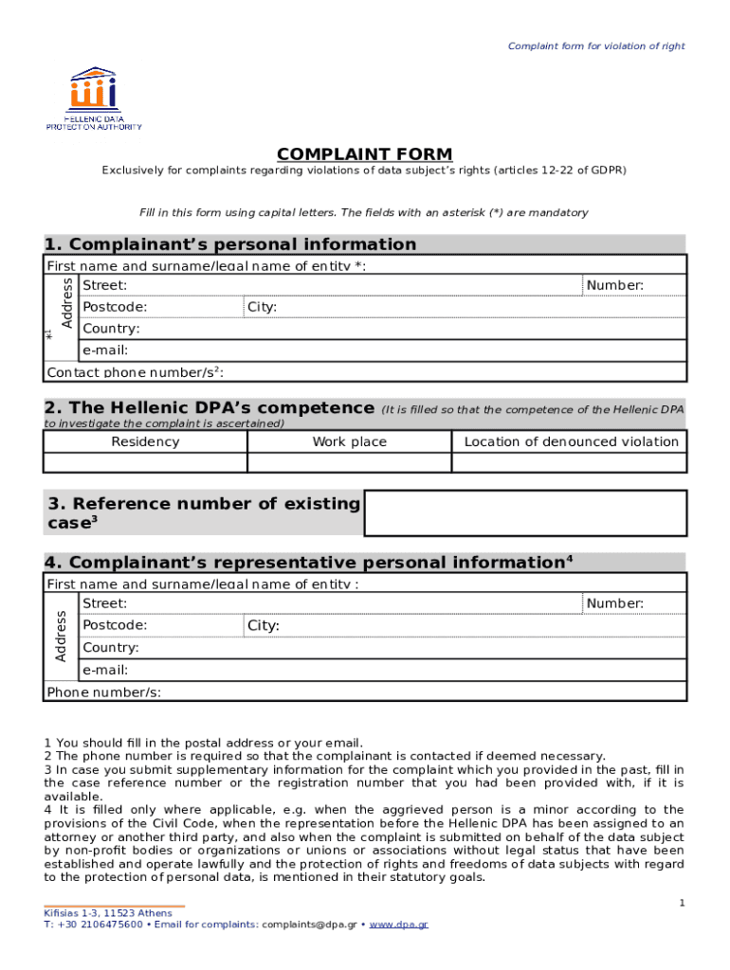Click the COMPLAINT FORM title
364,154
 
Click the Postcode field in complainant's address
161,308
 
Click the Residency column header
145,442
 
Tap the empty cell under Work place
349,462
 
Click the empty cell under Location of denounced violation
570,462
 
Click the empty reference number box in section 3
526,513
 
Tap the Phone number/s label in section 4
103,692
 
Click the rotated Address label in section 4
61,637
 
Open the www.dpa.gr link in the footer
398,925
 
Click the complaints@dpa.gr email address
309,925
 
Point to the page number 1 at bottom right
681,905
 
